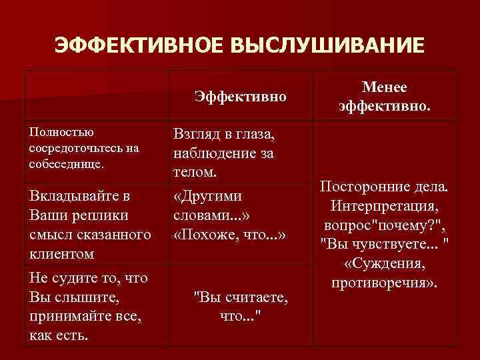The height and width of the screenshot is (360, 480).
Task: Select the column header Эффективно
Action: coord(241,97)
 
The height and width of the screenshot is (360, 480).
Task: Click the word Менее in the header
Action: coord(385,88)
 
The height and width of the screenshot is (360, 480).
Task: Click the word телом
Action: coord(195,171)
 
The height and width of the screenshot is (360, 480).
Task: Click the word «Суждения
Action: coord(385,264)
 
